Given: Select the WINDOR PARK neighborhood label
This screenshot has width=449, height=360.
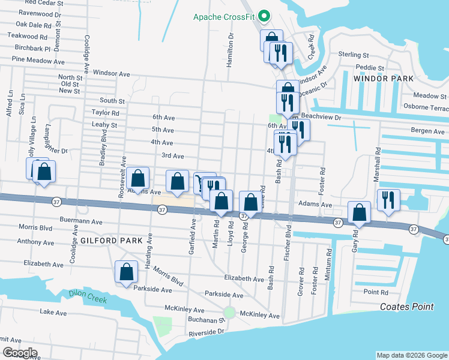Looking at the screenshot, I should coord(384,79).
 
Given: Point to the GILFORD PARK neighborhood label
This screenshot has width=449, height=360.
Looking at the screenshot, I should coord(111,241).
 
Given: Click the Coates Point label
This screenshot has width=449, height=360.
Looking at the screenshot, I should coord(406,307).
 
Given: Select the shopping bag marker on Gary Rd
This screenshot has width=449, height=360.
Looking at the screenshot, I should coord(359,212).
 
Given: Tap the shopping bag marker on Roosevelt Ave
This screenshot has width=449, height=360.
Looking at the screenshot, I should coord(138,178).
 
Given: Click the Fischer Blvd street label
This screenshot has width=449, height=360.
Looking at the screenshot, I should coord(289,239).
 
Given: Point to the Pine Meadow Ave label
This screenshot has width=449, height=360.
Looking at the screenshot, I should coord(38,61).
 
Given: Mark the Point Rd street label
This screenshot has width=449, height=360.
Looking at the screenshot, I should coord(376,292).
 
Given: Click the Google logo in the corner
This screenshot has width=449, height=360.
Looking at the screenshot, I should coord(19,353).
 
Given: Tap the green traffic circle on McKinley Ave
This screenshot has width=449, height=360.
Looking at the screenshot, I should coord(229,313).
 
